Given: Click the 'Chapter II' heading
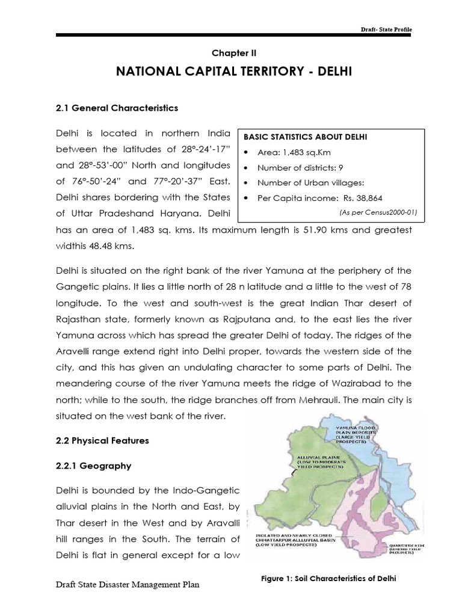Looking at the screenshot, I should click(x=231, y=53).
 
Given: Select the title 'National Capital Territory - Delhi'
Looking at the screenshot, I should click(x=231, y=73).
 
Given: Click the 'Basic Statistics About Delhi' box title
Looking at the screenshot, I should click(x=305, y=137).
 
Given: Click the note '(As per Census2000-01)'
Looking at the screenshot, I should click(x=378, y=212).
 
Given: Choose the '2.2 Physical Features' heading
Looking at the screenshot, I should click(x=102, y=441).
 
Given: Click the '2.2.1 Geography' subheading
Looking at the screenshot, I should click(x=93, y=466).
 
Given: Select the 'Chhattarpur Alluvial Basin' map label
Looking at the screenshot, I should click(x=299, y=541).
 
